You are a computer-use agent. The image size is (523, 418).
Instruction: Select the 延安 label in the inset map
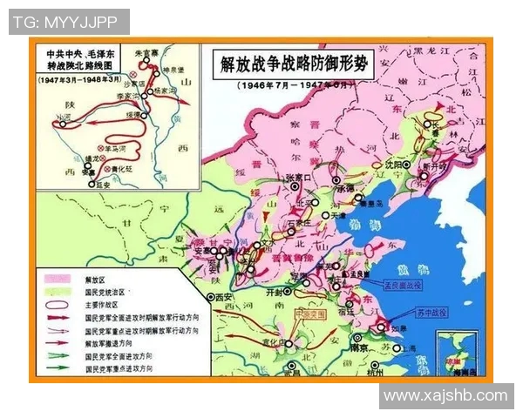coord(102,185)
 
